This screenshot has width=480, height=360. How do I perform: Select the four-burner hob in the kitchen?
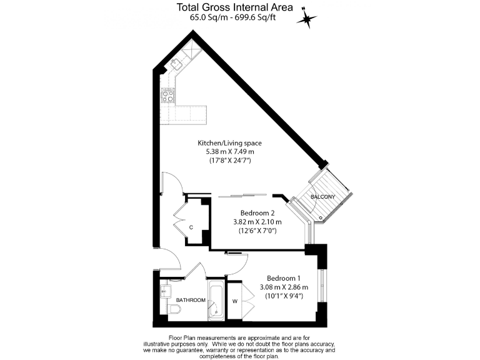tap(168, 96)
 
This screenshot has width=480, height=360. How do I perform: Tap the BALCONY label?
tap(323, 197)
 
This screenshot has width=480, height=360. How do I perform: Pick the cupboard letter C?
tap(191, 227)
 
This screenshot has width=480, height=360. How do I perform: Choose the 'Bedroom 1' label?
tap(283, 278)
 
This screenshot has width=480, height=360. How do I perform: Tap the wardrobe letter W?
tap(236, 301)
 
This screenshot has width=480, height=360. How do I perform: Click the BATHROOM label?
tap(191, 301)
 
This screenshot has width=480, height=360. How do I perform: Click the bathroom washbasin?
tap(166, 290)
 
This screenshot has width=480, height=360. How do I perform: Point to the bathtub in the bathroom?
tap(216, 301)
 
